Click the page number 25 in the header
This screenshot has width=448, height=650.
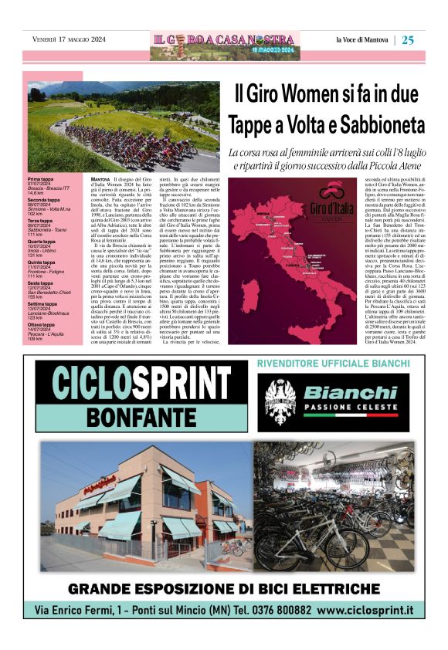409,40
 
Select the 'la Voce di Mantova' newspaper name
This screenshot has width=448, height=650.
362,40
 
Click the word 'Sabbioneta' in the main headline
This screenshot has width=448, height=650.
374,124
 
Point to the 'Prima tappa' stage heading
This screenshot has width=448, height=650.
41,178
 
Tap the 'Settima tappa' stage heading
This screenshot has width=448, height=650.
43,304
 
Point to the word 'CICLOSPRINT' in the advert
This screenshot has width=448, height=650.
133,381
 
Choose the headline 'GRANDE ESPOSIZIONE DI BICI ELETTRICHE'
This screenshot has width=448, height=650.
224,590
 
